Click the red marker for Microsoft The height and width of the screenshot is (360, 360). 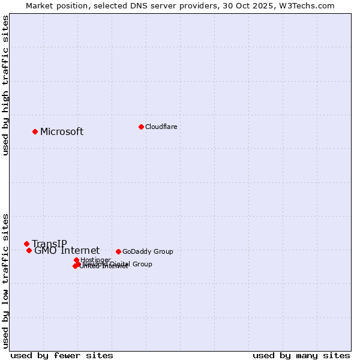[x=35, y=131]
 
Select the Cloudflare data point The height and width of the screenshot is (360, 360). [x=141, y=127]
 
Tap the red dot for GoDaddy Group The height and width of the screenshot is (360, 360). [x=118, y=251]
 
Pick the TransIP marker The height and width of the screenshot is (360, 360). [x=26, y=244]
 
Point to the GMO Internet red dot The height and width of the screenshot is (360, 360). [x=29, y=250]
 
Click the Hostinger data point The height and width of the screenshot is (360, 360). [x=76, y=260]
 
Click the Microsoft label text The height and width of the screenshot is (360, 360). [x=62, y=132]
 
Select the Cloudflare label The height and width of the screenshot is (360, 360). [x=161, y=127]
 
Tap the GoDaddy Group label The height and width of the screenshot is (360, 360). [x=148, y=251]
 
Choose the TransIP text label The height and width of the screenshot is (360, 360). [x=49, y=244]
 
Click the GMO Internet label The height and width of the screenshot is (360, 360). [x=67, y=251]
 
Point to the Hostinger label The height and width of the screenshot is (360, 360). [x=95, y=260]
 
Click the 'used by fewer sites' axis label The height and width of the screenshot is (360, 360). [x=62, y=355]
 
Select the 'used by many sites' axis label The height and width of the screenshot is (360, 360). [x=301, y=355]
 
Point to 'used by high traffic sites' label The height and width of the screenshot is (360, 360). [x=5, y=86]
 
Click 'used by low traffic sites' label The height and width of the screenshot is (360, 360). [x=5, y=280]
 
